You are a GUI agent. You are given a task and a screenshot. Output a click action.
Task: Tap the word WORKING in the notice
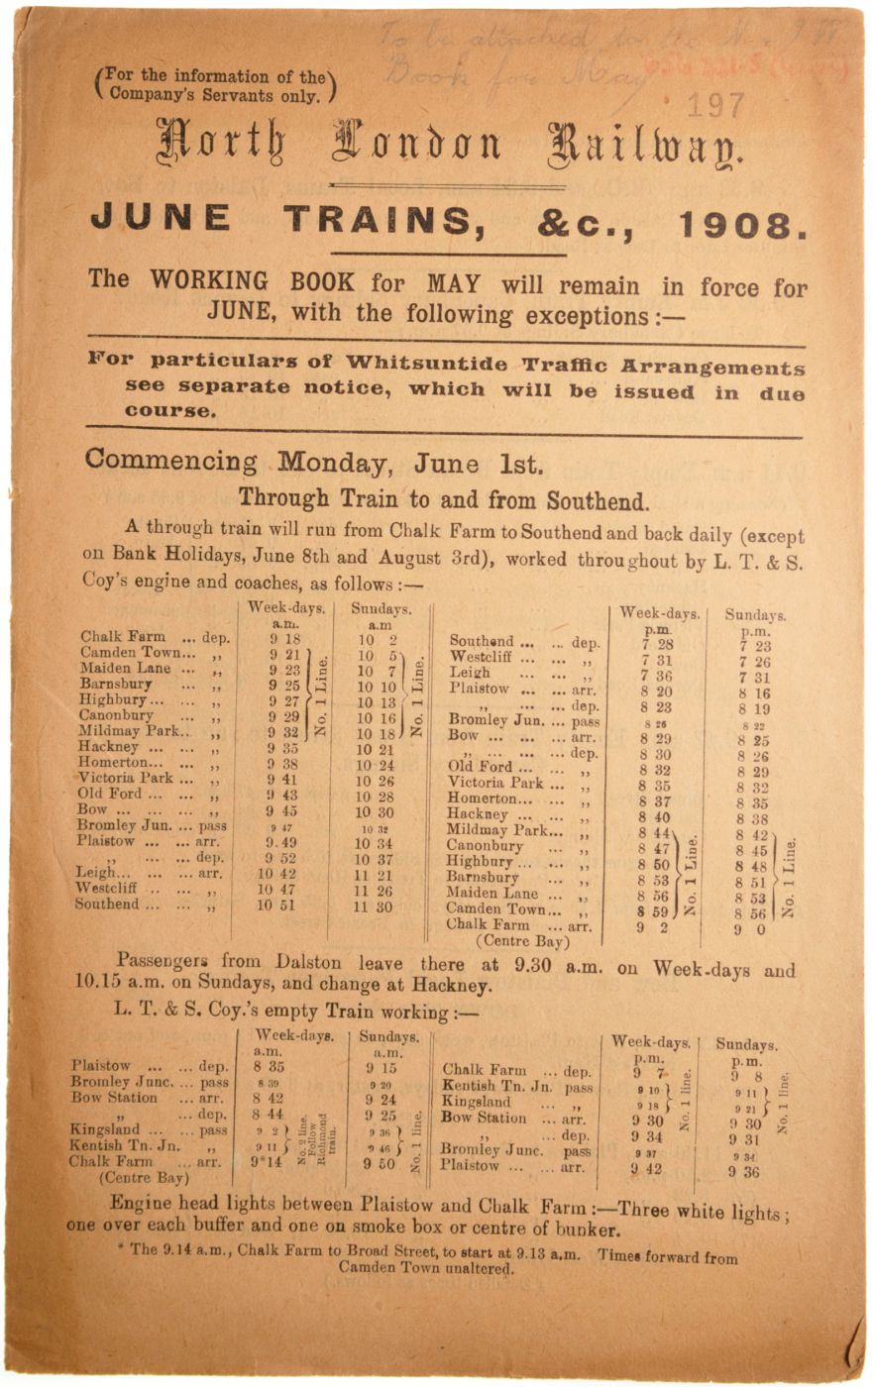click(209, 281)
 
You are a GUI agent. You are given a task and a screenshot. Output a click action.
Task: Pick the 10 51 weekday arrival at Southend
click(278, 905)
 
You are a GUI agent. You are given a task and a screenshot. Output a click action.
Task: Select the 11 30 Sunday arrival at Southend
click(374, 907)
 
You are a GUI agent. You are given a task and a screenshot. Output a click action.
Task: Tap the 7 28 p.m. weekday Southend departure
click(657, 645)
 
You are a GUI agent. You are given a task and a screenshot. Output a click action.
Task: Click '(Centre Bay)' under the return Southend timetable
click(523, 941)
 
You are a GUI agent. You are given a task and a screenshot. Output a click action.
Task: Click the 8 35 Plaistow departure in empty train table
click(269, 1068)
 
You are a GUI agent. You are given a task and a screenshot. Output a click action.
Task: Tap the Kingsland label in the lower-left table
click(104, 1129)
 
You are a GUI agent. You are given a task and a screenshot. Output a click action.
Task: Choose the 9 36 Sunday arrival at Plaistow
click(744, 1171)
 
